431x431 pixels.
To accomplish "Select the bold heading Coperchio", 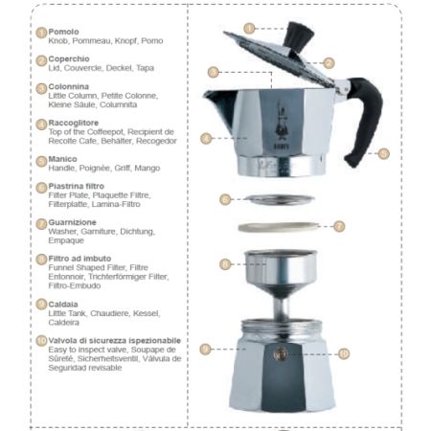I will pos(69,59).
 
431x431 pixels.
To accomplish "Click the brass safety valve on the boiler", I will pos(280,353).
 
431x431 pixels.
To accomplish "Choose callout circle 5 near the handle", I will pos(383,153).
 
